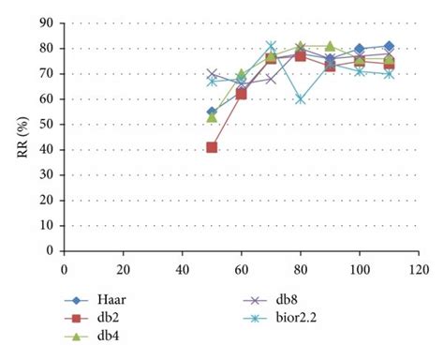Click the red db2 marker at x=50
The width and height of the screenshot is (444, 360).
click(212, 147)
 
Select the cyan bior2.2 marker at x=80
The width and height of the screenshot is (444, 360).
click(301, 98)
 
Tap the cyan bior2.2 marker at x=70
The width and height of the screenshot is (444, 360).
click(271, 46)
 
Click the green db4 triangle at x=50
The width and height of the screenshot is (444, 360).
click(212, 116)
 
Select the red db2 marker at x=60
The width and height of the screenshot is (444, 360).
click(242, 94)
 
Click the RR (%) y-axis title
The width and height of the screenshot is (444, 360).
click(22, 138)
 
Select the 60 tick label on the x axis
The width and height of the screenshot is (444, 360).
click(242, 267)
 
